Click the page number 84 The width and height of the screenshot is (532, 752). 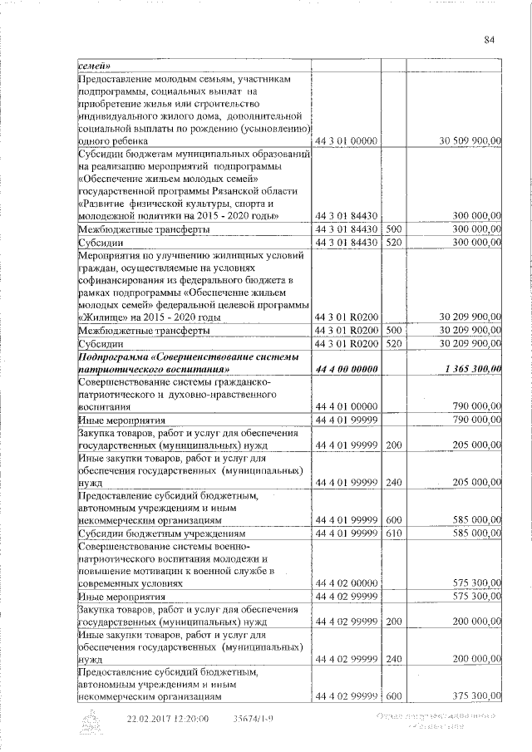(489, 39)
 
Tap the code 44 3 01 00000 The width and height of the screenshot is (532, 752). (345, 142)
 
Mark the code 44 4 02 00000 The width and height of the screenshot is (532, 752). (345, 584)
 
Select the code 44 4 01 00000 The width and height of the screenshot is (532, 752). (345, 408)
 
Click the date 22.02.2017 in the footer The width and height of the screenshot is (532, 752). (155, 719)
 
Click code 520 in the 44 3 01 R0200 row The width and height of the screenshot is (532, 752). (394, 343)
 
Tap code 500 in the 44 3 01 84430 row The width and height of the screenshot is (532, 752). (394, 229)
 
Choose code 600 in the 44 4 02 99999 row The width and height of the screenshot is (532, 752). (394, 696)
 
